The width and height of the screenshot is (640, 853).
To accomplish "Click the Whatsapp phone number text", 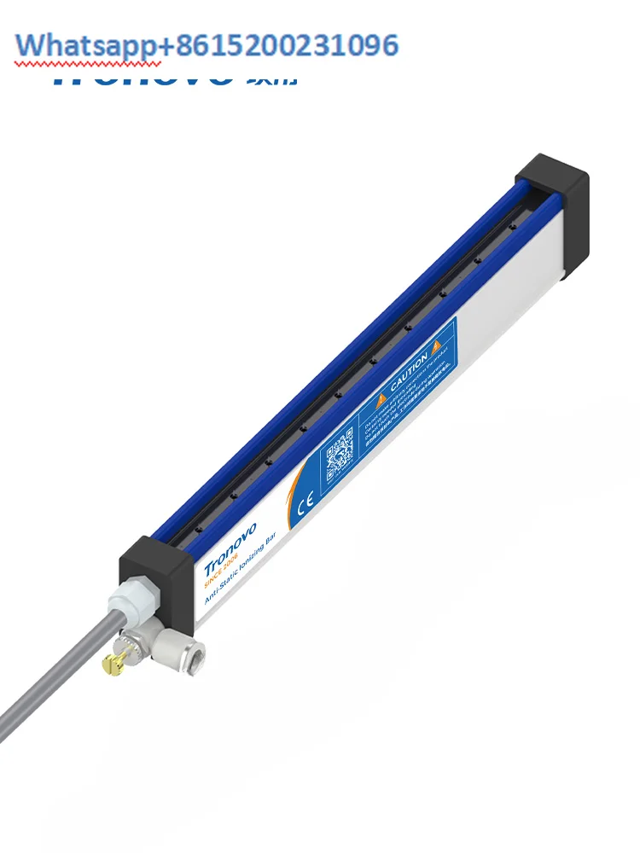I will coord(209,44).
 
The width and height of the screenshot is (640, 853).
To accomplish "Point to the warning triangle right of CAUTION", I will coord(436,345).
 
